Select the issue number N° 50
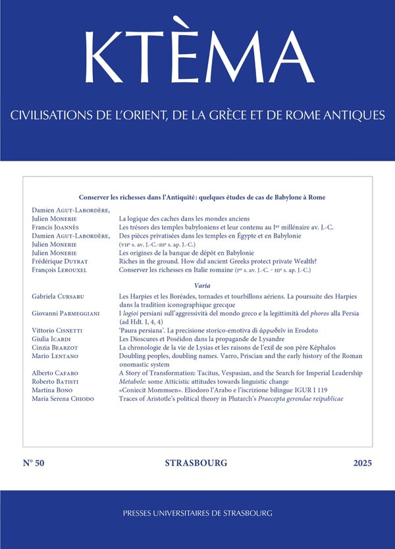(33, 463)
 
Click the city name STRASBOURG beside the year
(196, 463)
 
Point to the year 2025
(361, 463)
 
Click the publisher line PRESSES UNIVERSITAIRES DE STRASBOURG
(197, 512)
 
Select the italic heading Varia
(202, 285)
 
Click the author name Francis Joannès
(54, 227)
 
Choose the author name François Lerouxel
(57, 269)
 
